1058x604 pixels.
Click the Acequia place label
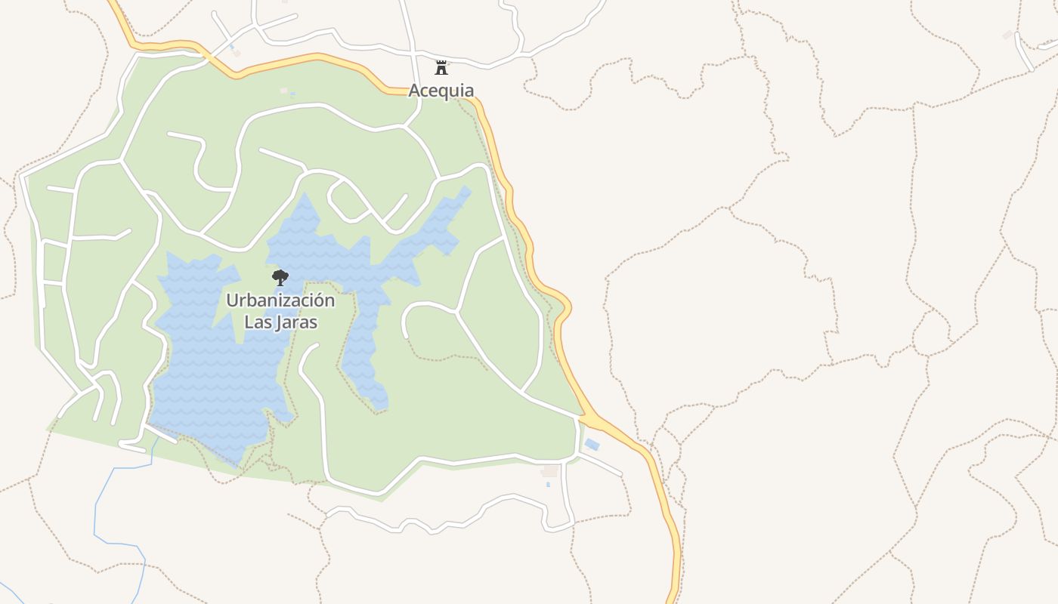[441, 91]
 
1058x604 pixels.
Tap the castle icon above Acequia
[441, 68]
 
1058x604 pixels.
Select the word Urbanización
[280, 300]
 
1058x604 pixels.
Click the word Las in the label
[257, 322]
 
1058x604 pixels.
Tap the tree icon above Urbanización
[280, 277]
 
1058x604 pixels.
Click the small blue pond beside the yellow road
[592, 445]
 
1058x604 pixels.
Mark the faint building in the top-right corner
[1007, 35]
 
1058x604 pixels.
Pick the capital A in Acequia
[415, 91]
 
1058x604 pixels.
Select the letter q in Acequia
[444, 92]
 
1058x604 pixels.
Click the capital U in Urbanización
[232, 300]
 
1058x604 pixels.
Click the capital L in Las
[248, 322]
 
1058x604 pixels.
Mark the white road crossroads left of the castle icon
[415, 54]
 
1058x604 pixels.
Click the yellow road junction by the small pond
[584, 415]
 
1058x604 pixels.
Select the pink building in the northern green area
[284, 91]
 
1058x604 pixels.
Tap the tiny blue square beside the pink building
[292, 94]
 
